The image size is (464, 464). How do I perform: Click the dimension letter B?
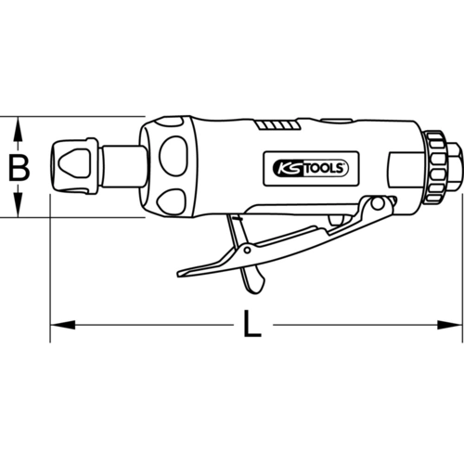[x=19, y=168]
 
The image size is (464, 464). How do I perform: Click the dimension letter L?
[x=252, y=324]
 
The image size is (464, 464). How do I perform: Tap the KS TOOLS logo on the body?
[x=311, y=169]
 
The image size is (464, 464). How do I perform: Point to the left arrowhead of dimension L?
[x=63, y=325]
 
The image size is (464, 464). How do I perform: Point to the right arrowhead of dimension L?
[x=449, y=325]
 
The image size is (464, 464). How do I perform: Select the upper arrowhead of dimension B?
[x=19, y=129]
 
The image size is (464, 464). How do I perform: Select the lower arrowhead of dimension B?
[x=19, y=205]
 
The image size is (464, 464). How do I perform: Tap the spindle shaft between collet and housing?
[x=124, y=166]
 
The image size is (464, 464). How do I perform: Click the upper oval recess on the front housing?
[x=173, y=152]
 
